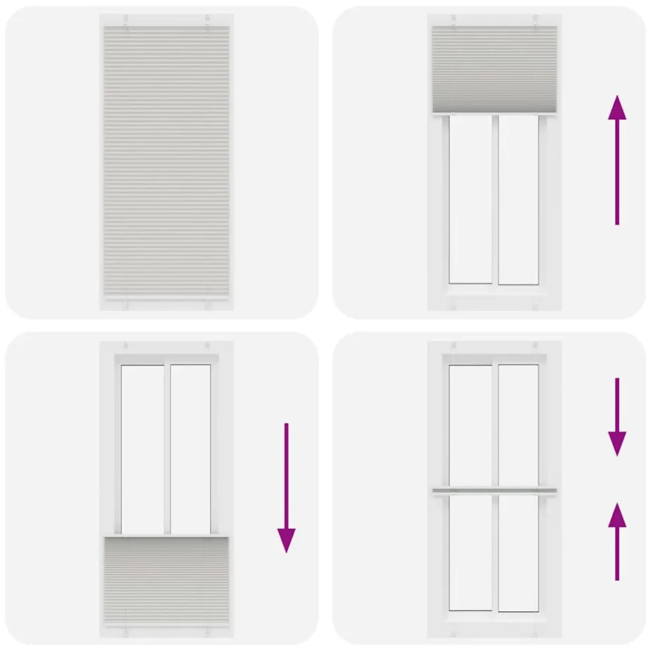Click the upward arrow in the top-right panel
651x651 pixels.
[617, 160]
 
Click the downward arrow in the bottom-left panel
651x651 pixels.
[286, 487]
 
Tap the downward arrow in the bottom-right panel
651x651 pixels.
[617, 417]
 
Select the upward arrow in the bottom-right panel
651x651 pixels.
[617, 542]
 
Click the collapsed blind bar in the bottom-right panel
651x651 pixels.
[494, 491]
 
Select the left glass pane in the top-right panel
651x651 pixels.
[471, 199]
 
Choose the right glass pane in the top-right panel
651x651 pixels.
[518, 199]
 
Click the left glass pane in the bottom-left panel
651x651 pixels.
[143, 448]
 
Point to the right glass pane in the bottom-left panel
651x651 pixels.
[191, 448]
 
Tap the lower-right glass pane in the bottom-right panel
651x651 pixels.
[518, 552]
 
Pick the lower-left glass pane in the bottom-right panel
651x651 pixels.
[471, 552]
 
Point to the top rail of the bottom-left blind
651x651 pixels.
[167, 538]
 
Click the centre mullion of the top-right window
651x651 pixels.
[495, 199]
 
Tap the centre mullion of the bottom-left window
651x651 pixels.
[167, 448]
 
